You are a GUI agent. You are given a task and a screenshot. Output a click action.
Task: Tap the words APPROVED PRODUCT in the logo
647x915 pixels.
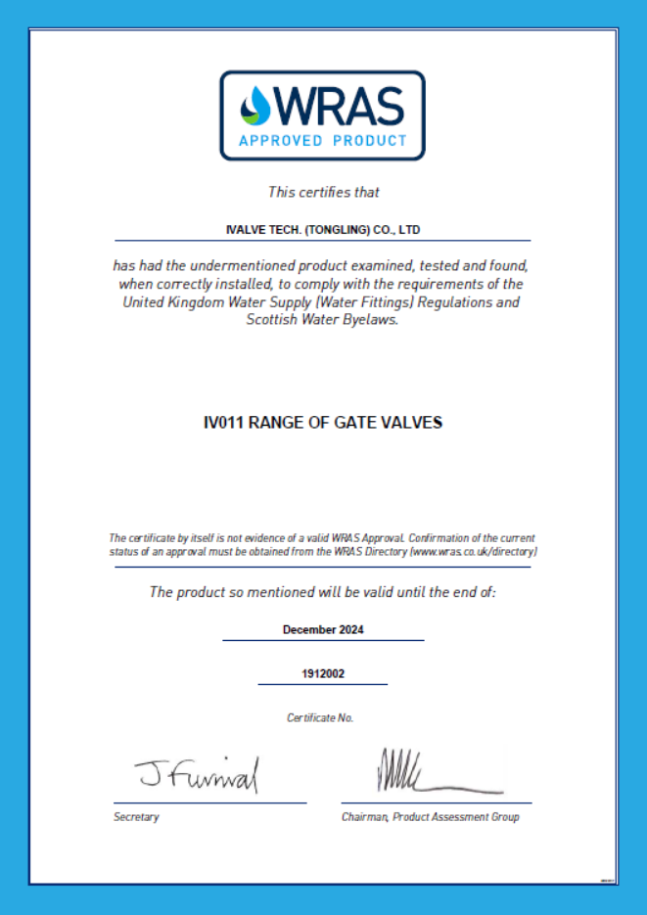[x=322, y=140]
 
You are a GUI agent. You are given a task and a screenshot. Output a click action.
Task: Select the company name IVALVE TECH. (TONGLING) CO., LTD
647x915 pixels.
[x=322, y=229]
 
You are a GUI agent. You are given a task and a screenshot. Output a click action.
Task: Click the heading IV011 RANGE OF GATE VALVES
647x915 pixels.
[x=322, y=423]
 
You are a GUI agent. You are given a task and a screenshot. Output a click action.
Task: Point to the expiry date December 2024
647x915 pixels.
[x=323, y=629]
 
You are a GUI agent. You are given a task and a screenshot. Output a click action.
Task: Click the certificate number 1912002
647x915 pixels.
[x=323, y=674]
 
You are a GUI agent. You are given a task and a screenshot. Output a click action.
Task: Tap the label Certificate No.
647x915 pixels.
[x=320, y=717]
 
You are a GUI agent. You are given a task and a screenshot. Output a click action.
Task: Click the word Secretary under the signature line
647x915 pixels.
[x=136, y=817]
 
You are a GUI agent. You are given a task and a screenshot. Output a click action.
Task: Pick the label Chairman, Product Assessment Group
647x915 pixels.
[x=430, y=817]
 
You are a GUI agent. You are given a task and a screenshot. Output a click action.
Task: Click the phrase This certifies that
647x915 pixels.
[x=323, y=192]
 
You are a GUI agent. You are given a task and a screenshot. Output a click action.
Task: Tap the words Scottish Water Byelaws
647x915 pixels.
[x=323, y=320]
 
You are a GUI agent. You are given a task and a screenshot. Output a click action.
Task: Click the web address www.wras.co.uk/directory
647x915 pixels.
[x=474, y=552]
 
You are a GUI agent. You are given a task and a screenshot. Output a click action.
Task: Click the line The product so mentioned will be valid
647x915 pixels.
[x=322, y=592]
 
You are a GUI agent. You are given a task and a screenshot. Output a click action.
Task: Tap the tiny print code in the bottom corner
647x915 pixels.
[x=607, y=880]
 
